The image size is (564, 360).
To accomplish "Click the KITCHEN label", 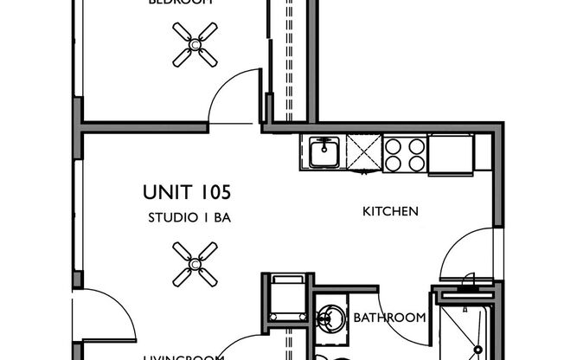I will [x=390, y=210].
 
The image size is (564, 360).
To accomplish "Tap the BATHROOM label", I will [x=389, y=318].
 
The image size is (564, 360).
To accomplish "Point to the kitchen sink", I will [x=324, y=153].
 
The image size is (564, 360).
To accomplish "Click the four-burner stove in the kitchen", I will [x=405, y=153].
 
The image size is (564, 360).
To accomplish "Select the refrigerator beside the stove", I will [x=451, y=153].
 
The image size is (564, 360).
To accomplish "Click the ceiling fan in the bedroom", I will [x=195, y=43].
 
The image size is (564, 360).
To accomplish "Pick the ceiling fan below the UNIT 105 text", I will [x=195, y=264].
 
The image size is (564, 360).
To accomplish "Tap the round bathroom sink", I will [x=330, y=315].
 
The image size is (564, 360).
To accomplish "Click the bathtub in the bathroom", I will [x=465, y=327].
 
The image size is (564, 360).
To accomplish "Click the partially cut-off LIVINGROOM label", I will [x=183, y=355].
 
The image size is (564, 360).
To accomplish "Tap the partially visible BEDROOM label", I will [x=181, y=3].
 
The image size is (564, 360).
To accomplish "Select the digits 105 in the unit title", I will [x=214, y=191].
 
